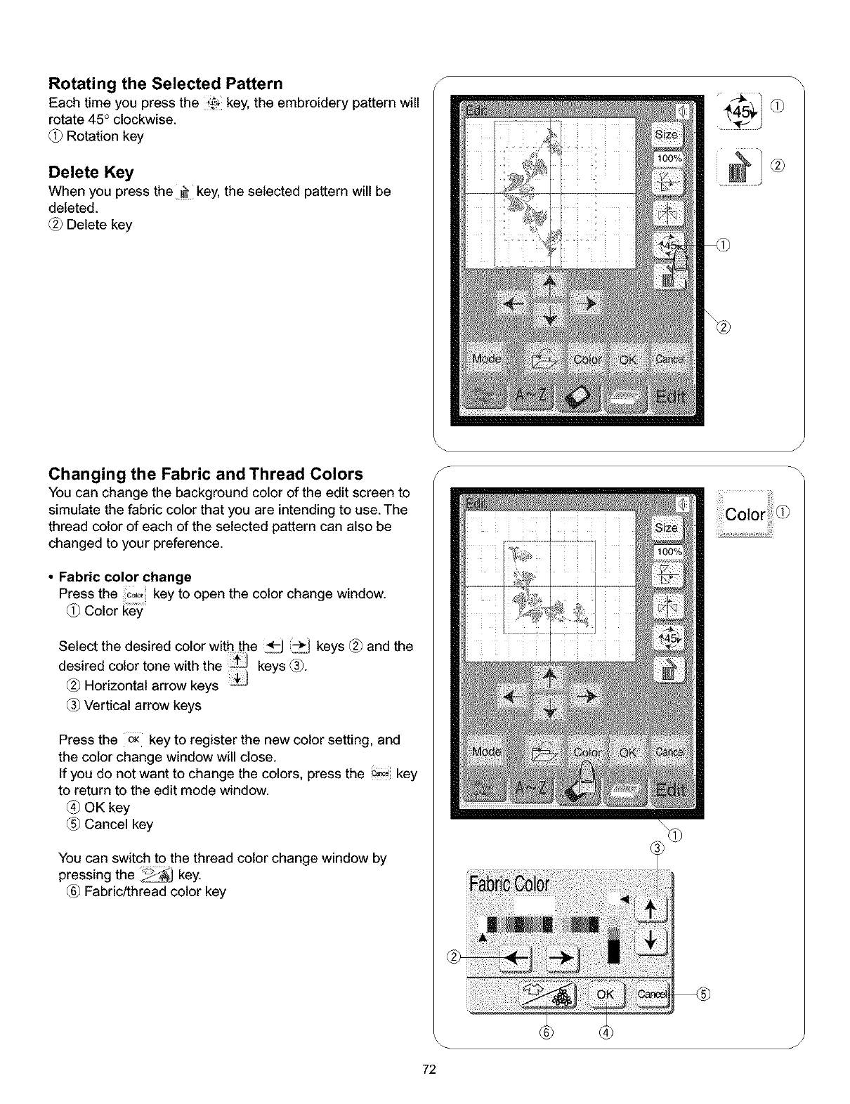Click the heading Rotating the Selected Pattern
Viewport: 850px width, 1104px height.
pyautogui.click(x=166, y=84)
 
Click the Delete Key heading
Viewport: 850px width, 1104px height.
pyautogui.click(x=91, y=173)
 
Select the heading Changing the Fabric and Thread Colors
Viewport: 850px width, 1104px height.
pyautogui.click(x=206, y=474)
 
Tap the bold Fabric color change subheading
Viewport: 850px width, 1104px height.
pyautogui.click(x=125, y=577)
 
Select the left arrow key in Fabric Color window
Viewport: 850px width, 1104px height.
pyautogui.click(x=516, y=957)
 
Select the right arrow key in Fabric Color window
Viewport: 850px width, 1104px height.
pyautogui.click(x=560, y=957)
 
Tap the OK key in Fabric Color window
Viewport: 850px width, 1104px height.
pyautogui.click(x=605, y=994)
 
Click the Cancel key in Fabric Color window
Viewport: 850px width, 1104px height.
pyautogui.click(x=652, y=994)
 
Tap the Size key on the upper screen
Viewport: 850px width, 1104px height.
pyautogui.click(x=667, y=134)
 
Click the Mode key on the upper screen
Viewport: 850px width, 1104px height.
pyautogui.click(x=487, y=360)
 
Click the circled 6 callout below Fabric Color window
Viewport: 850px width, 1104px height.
pyautogui.click(x=548, y=1031)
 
